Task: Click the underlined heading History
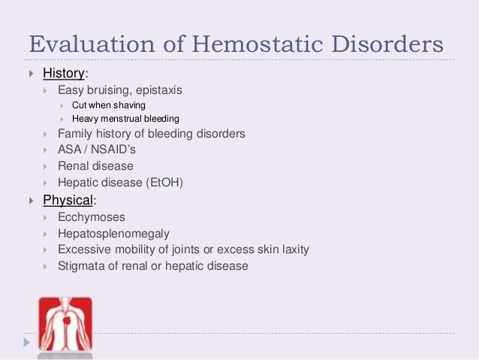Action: coord(64,74)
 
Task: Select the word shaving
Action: coord(127,104)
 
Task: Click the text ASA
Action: coord(70,150)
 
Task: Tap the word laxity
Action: coord(294,249)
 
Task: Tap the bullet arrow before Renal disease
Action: coord(47,166)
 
